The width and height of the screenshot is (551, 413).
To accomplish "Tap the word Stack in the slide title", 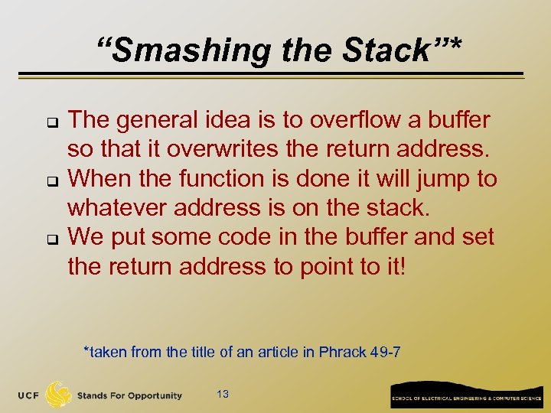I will point(391,51).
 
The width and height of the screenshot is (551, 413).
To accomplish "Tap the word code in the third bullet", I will point(247,237).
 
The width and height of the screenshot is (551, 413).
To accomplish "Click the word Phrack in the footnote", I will point(343,353).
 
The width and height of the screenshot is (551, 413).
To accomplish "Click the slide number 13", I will point(223,395).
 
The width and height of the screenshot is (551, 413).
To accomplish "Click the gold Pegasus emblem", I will point(59,394).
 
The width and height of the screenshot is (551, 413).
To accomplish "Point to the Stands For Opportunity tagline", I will point(129,395).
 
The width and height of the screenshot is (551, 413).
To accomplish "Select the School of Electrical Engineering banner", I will point(466,396).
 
